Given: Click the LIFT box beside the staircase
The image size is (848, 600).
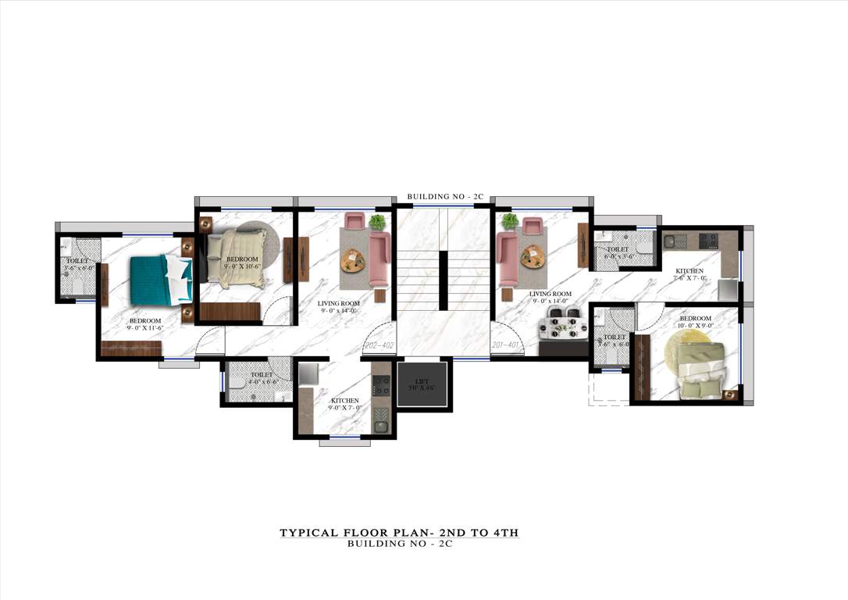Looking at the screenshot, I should [x=422, y=384].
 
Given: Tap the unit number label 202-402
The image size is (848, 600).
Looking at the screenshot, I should [x=378, y=345].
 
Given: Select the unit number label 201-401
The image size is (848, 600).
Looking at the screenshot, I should [x=506, y=345].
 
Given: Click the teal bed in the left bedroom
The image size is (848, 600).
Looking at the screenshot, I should [x=159, y=280].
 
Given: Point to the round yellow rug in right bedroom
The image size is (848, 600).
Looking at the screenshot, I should [x=687, y=352].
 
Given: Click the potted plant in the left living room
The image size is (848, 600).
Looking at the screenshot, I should [x=378, y=223].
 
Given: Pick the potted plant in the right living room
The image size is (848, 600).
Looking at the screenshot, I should [x=510, y=222].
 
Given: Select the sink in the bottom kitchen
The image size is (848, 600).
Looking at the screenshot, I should [x=380, y=427].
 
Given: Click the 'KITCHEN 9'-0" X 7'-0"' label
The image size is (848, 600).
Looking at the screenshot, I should [x=345, y=404].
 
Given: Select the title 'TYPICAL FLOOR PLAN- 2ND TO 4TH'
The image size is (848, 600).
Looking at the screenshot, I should [x=399, y=533].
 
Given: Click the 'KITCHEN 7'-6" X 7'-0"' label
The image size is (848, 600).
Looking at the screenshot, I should [x=689, y=274].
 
